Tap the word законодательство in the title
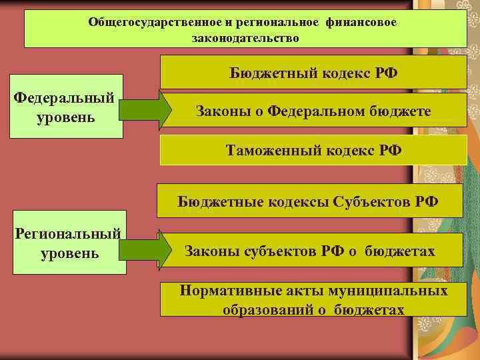pos(245,38)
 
